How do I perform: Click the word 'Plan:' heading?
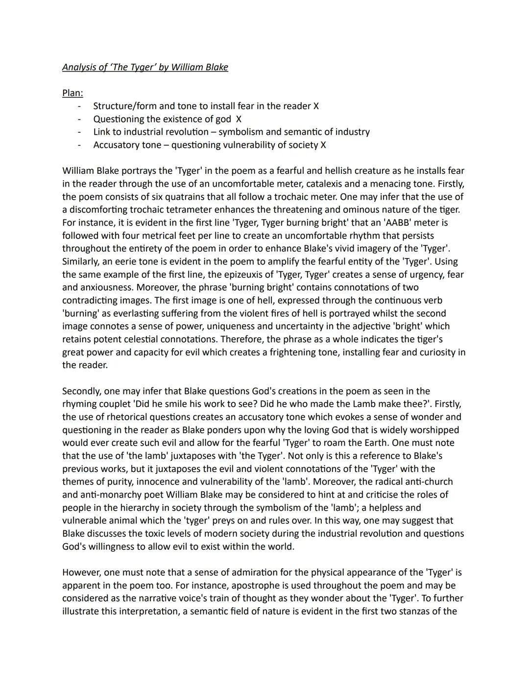(72, 93)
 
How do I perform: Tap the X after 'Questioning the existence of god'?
(239, 119)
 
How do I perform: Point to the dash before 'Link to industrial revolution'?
(79, 132)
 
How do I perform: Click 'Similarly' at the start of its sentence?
(80, 261)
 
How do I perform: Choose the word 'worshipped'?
(434, 430)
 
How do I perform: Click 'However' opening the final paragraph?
(80, 572)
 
